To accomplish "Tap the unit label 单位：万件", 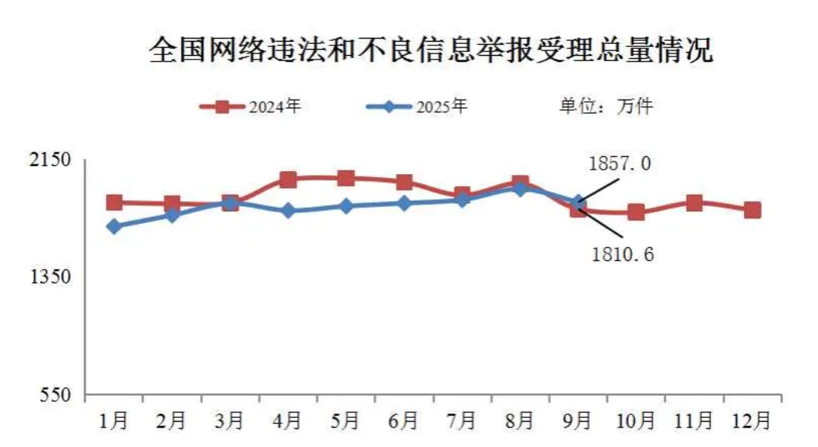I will point(605,106).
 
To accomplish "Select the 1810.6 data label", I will point(622,255).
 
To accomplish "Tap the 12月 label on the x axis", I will point(753,422).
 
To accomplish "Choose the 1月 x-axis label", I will point(114,422).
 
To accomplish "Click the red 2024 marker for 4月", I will point(288,179).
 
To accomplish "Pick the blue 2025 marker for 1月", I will point(114,226).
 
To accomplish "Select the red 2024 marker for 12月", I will point(753,210).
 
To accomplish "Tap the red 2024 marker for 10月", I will point(636,213).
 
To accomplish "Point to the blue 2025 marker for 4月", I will point(288,211).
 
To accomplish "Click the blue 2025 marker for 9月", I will point(578,202).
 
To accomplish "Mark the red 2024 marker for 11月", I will point(694,203).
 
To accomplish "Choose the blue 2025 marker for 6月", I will point(404,203).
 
